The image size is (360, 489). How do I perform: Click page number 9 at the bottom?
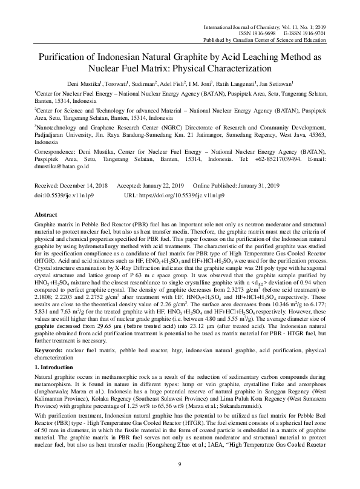point(180,465)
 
